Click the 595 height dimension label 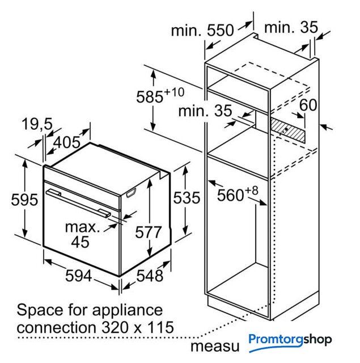pos(24,199)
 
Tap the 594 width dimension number pos(79,276)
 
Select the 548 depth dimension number pos(150,276)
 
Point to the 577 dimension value pos(149,232)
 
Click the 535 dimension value pos(187,198)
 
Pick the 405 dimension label pos(67,142)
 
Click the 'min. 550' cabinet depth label pos(202,30)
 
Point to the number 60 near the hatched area pos(308,105)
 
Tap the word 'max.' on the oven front pos(82,227)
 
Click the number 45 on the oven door pos(81,242)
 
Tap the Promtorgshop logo pos(290,341)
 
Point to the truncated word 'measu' pos(215,347)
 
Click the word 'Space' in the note pos(40,310)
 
